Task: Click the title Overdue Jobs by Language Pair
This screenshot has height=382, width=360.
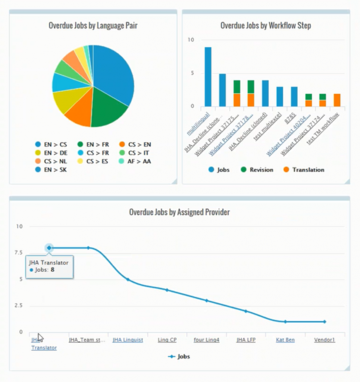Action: coord(93,26)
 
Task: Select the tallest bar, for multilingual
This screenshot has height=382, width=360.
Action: coord(208,76)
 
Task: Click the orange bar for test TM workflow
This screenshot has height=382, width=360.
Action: coord(337,100)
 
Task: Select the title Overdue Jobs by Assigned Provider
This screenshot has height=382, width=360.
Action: coord(179,212)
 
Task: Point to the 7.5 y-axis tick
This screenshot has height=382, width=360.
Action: coord(18,253)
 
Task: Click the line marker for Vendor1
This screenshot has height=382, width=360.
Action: coord(325,322)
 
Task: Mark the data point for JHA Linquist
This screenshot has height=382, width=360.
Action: coord(128,279)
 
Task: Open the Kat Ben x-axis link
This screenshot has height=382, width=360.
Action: coord(285,340)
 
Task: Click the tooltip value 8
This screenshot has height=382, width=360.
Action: coord(53,269)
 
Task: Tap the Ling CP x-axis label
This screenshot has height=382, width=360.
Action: coord(167,340)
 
